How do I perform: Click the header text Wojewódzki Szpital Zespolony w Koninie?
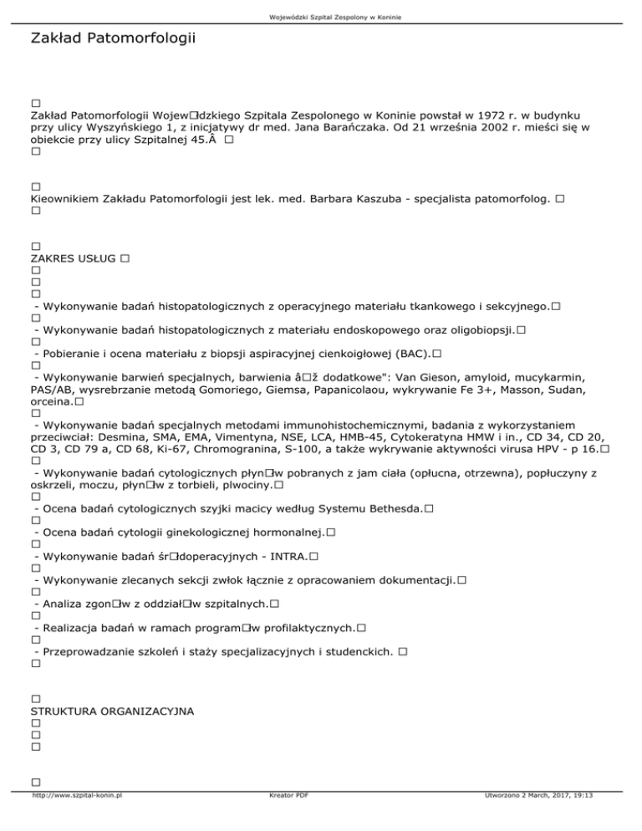pyautogui.click(x=321, y=8)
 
